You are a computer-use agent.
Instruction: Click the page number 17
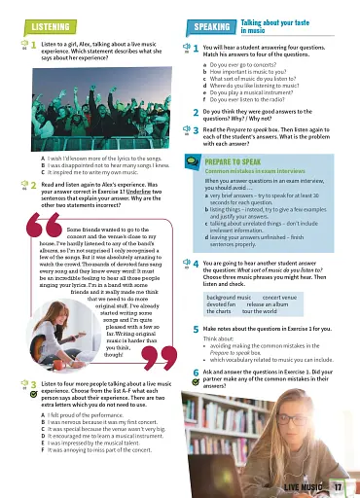(336, 486)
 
